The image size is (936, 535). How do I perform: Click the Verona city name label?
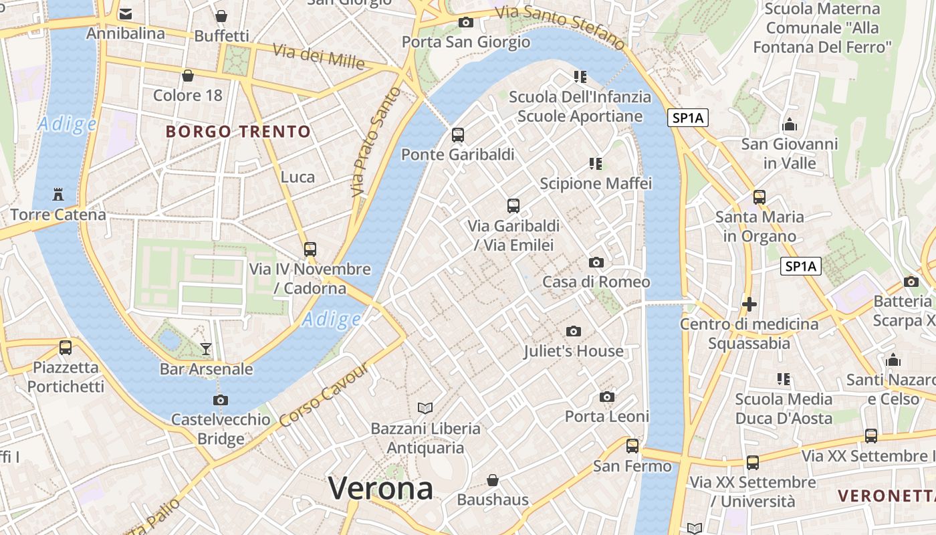click(x=380, y=488)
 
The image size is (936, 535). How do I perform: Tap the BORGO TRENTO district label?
click(x=238, y=131)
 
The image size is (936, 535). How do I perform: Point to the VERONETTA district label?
click(x=886, y=496)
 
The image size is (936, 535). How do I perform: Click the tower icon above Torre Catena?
click(x=58, y=195)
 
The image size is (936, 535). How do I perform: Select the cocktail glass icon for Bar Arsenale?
click(x=206, y=348)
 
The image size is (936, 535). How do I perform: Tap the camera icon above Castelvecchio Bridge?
click(x=220, y=400)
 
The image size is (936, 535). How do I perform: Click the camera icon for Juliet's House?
click(x=573, y=331)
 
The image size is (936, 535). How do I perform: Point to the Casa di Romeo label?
click(x=596, y=282)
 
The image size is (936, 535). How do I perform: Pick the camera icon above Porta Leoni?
click(x=607, y=397)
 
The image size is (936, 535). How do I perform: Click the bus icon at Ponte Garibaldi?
click(x=458, y=134)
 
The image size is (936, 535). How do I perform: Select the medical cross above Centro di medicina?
click(x=749, y=304)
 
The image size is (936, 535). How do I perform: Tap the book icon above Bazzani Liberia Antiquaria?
click(x=425, y=407)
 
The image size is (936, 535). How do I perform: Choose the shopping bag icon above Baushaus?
click(x=493, y=479)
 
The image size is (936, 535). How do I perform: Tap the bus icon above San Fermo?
click(x=632, y=445)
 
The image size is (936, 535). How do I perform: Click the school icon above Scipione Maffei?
click(x=595, y=163)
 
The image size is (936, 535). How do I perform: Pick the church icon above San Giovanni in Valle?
click(x=790, y=124)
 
